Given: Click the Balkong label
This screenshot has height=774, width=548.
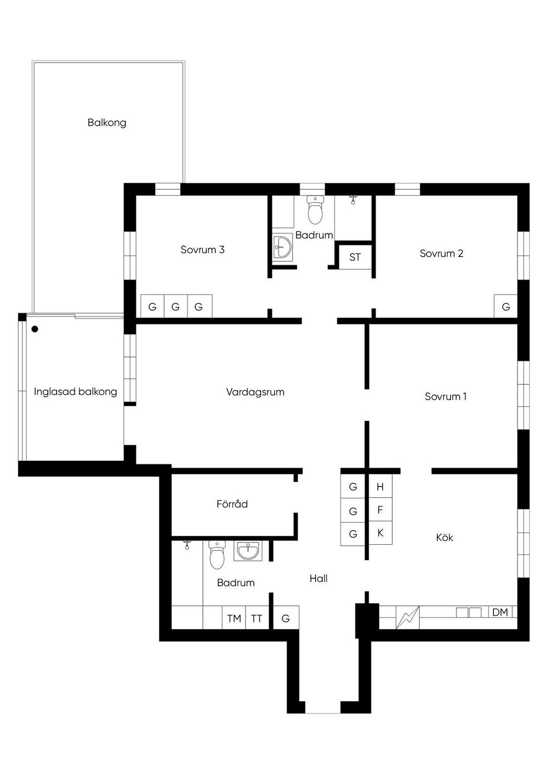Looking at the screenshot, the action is pyautogui.click(x=107, y=122).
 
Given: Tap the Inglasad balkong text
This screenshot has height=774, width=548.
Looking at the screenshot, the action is pyautogui.click(x=75, y=392).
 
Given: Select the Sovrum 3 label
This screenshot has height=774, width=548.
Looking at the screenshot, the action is pyautogui.click(x=202, y=250).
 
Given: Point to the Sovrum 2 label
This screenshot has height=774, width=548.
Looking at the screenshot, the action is pyautogui.click(x=442, y=253).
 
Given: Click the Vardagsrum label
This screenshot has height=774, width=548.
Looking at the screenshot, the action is pyautogui.click(x=255, y=392).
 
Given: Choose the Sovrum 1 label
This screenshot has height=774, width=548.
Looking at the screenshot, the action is pyautogui.click(x=446, y=396).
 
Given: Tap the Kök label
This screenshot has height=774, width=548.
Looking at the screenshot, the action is pyautogui.click(x=445, y=537).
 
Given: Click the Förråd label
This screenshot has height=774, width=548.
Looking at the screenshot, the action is pyautogui.click(x=232, y=504).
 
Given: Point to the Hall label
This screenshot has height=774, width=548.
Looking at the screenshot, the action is pyautogui.click(x=318, y=578).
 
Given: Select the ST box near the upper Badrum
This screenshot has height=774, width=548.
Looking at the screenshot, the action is pyautogui.click(x=355, y=257).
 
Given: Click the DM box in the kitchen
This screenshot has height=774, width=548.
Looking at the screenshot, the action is pyautogui.click(x=500, y=612).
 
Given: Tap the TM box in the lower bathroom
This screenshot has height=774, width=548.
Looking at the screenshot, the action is pyautogui.click(x=234, y=618).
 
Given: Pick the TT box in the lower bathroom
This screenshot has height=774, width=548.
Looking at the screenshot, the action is pyautogui.click(x=257, y=618).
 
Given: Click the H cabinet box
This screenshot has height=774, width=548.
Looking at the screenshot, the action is pyautogui.click(x=380, y=487).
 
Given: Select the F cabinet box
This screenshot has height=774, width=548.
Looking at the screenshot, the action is pyautogui.click(x=380, y=509).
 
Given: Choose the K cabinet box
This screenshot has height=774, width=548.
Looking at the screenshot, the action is pyautogui.click(x=380, y=533).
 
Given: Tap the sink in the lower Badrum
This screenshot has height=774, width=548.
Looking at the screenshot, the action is pyautogui.click(x=248, y=551).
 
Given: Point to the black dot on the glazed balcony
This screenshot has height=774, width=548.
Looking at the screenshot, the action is pyautogui.click(x=35, y=329).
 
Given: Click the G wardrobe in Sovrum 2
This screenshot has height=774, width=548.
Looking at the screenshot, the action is pyautogui.click(x=506, y=306).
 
